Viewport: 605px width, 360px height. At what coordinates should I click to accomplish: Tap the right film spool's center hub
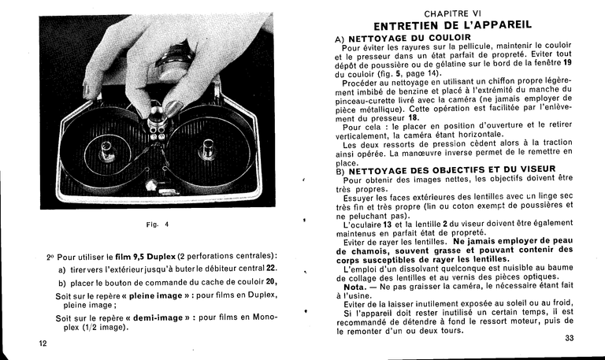coord(208,147)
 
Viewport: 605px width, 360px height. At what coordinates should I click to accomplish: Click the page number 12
coord(43,344)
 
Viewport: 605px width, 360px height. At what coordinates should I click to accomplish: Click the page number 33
coord(570,339)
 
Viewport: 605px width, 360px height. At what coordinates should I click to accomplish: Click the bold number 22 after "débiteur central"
coord(271,269)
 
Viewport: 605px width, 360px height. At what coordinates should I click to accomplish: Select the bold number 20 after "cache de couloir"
coord(270,282)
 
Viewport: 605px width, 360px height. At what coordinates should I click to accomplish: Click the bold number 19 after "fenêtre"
coord(566,64)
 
